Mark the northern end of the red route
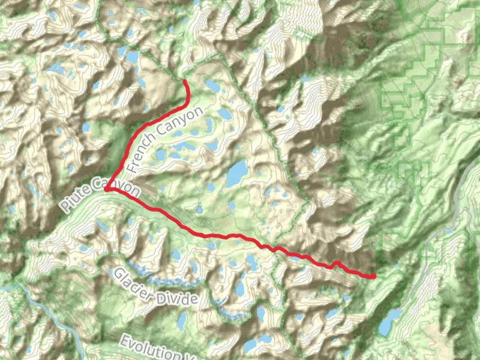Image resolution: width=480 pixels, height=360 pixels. click(184, 80)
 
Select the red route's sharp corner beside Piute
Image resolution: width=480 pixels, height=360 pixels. click(106, 189)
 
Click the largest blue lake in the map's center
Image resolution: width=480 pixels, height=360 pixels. click(235, 173)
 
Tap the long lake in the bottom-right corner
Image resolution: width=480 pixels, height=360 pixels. click(390, 322)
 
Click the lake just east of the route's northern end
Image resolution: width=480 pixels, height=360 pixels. click(211, 86)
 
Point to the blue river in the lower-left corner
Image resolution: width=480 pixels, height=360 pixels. click(42, 312)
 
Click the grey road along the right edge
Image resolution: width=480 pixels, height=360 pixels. click(459, 204)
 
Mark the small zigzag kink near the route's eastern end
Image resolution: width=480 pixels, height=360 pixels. click(336, 264)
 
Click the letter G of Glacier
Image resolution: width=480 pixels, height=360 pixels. click(118, 274)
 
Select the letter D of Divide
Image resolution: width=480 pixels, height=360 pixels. click(158, 293)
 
